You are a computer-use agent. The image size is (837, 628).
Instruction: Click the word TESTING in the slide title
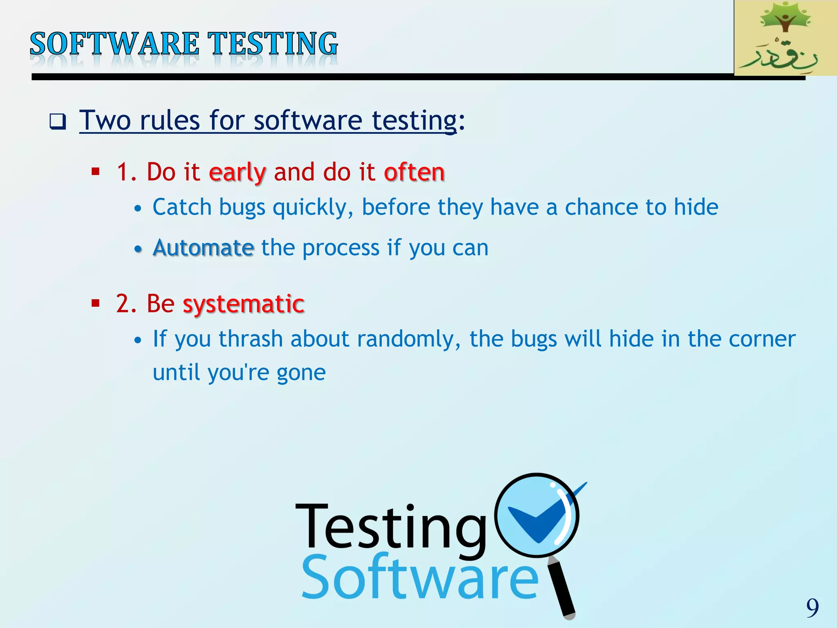(x=273, y=44)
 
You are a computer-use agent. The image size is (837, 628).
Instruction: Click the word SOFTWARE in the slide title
(x=114, y=44)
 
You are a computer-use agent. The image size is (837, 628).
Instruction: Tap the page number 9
(x=812, y=608)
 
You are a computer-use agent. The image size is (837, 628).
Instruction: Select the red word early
(x=237, y=173)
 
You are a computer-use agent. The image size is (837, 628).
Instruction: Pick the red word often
(x=414, y=172)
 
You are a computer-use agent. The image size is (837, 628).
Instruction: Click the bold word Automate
(x=203, y=248)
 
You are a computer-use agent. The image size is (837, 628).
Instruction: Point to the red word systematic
(x=244, y=304)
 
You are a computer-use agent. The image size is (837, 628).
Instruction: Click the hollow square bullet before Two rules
(x=58, y=121)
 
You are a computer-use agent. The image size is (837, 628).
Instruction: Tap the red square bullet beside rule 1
(x=96, y=171)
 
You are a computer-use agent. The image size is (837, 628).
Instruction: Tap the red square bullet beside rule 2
(x=96, y=303)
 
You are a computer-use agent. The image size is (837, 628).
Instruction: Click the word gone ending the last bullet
(x=301, y=373)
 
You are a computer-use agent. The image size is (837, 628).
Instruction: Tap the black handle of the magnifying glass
(x=562, y=589)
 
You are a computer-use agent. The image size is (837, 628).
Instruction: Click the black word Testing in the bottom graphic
(x=390, y=527)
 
